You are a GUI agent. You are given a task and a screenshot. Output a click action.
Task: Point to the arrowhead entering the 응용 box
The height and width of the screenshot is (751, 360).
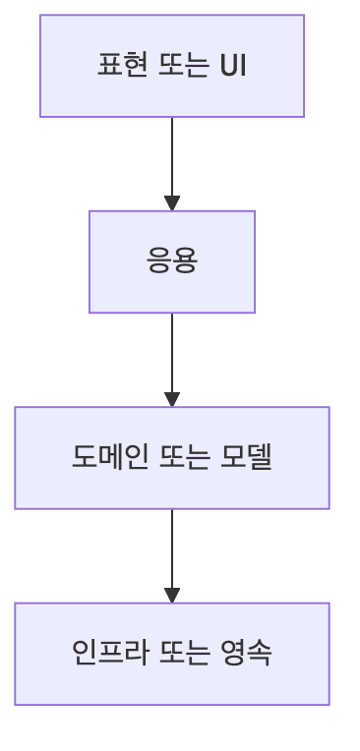click(x=172, y=203)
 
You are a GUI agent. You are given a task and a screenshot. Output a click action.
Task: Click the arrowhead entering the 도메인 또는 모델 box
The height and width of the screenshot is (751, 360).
click(x=172, y=399)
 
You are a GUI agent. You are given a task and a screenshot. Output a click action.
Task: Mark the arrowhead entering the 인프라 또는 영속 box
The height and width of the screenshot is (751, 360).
click(x=172, y=595)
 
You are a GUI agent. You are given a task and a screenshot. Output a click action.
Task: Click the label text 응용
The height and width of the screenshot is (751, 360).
click(x=172, y=261)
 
